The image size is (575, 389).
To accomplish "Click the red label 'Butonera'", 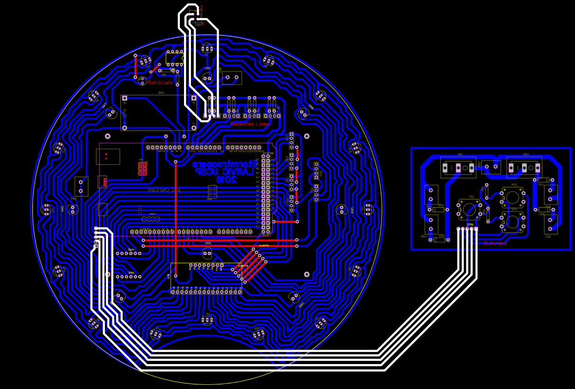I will tap(495, 243).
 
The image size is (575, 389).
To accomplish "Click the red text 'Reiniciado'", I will tap(160, 82).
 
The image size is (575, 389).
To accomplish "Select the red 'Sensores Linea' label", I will tap(250, 124).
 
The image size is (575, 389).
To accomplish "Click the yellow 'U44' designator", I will tap(208, 243).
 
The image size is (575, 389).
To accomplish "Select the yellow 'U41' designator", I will tap(208, 68).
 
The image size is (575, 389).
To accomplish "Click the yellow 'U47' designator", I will tap(104, 105).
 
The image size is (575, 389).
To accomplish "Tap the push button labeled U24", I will tap(513, 198).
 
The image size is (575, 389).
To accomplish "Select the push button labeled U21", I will tap(469, 210).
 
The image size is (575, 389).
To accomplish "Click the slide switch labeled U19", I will tap(458, 167).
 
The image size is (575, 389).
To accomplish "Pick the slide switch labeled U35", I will tap(524, 167).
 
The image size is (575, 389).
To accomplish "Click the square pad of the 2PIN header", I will tap(476, 229).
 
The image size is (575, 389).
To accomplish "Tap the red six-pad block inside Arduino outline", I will tap(142, 169).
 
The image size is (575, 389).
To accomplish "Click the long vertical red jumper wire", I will tap(176, 217).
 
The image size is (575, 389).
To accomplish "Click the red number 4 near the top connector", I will tap(202, 24).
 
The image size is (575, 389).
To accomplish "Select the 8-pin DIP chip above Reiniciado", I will tap(175, 58).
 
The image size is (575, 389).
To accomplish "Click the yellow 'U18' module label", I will tap(169, 277).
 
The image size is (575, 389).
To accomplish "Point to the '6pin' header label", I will tap(131, 249).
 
